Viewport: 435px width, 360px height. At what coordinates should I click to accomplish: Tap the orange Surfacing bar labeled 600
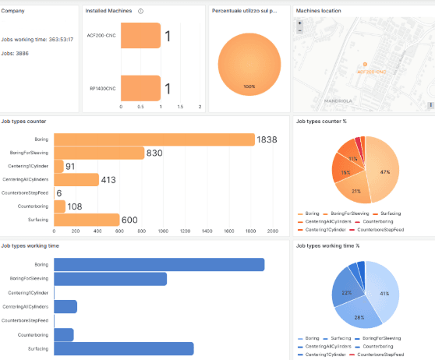tap(86, 220)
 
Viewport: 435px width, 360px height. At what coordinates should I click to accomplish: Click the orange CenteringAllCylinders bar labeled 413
tap(76, 180)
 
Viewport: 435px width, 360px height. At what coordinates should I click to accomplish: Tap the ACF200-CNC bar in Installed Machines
tap(134, 36)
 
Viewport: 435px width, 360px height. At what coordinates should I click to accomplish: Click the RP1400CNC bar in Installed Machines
tap(134, 88)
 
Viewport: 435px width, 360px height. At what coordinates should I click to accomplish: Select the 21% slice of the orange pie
tap(355, 191)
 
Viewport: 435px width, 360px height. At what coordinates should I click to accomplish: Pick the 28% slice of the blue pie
tap(359, 317)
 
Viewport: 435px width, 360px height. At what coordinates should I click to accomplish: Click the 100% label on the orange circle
tap(249, 86)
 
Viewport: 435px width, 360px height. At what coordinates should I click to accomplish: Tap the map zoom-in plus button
tap(300, 23)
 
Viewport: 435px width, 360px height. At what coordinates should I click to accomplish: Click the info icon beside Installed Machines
tap(140, 11)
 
